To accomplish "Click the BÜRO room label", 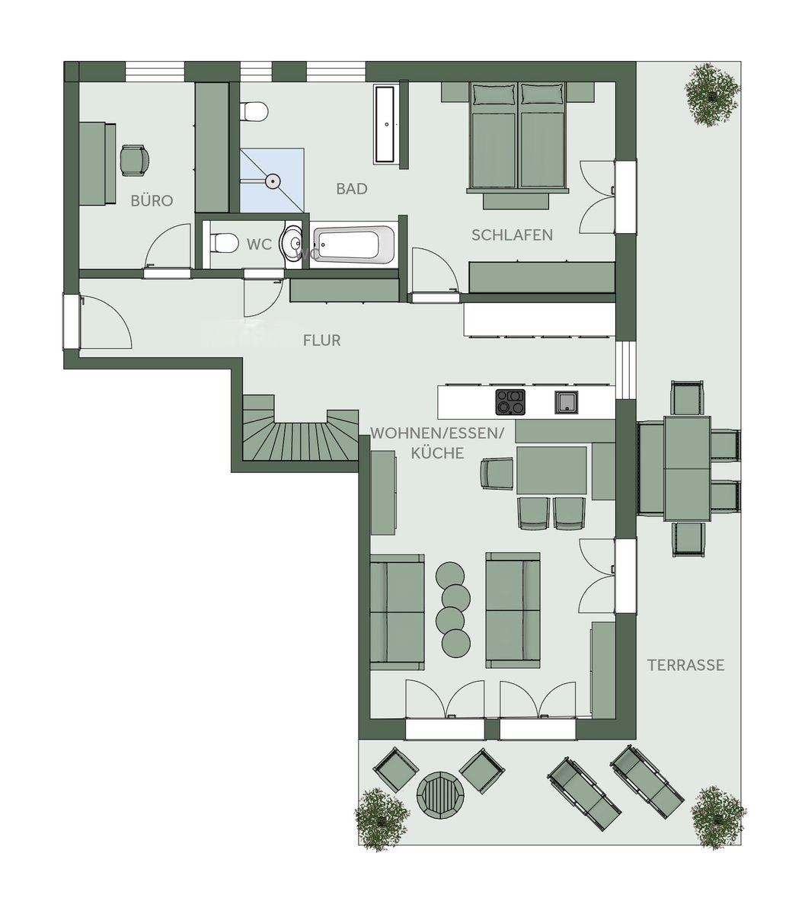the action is (x=152, y=200).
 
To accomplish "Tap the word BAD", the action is (x=352, y=189).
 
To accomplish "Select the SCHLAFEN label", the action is (x=512, y=235).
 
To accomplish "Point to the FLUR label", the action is (x=321, y=340).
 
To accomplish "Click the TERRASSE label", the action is (x=686, y=665).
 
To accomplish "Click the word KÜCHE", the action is (x=437, y=453).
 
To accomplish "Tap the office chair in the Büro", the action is (x=135, y=160).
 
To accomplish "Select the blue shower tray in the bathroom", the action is (x=272, y=181).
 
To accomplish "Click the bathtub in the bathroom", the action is (x=354, y=244).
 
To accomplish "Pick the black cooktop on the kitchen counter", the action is (x=510, y=402).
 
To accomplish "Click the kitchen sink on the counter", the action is (x=567, y=402).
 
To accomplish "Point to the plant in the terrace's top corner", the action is (x=713, y=94).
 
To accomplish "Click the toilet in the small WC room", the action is (x=224, y=244).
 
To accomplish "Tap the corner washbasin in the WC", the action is (x=292, y=244).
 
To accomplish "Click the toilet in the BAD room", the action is (x=254, y=111).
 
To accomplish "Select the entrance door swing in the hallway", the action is (x=106, y=321).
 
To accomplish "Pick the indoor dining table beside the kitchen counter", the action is (x=551, y=470).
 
